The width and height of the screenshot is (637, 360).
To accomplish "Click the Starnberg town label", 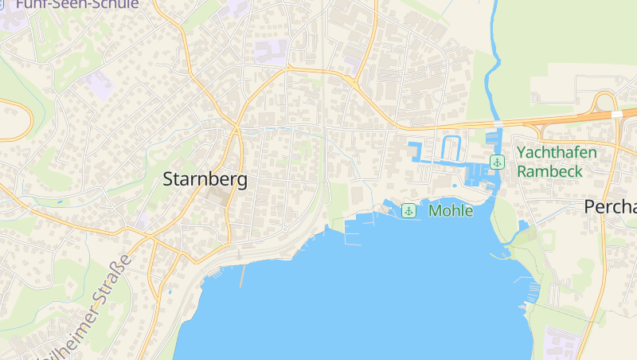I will pos(205,179).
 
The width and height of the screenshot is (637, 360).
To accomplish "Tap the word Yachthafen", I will pos(557,152).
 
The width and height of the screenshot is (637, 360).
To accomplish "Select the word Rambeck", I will pos(550,170).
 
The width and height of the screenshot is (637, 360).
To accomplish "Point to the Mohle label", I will pos(451,211).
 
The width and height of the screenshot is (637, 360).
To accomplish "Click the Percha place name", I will pos(610,207).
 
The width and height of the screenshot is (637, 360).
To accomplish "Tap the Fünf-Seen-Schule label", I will pos(76,4).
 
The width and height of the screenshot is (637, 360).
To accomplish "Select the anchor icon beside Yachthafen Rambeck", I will pos(497,162).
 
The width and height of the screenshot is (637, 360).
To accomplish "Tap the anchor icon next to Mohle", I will pos(408,210).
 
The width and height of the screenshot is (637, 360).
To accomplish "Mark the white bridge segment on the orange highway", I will pos(616,115).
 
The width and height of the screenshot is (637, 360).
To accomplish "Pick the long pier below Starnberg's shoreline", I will pos(241,276).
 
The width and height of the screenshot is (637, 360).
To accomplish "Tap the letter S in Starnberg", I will pos(168,180).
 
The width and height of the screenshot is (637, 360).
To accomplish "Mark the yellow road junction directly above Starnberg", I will pos(236,127).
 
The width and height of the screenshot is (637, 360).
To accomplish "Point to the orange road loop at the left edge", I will pos(24,119).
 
